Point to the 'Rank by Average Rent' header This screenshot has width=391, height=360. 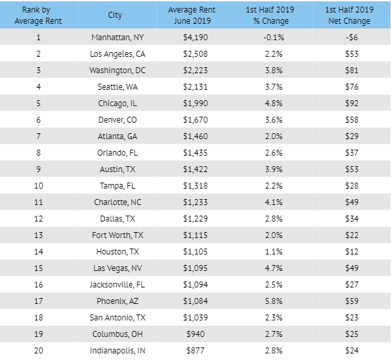38,15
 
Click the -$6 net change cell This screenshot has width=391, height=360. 351,38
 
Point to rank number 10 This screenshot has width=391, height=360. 38,185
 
